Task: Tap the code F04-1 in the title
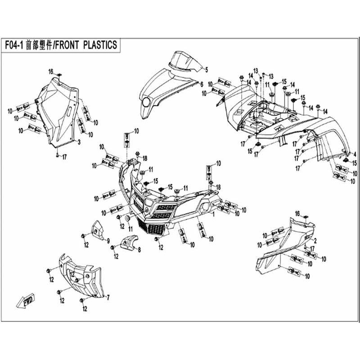pyautogui.click(x=15, y=45)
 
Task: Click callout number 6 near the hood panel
pyautogui.click(x=202, y=84)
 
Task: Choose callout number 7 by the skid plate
pyautogui.click(x=108, y=297)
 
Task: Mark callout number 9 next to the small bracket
pyautogui.click(x=108, y=240)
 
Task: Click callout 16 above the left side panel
pyautogui.click(x=51, y=71)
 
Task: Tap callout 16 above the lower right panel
pyautogui.click(x=297, y=212)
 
